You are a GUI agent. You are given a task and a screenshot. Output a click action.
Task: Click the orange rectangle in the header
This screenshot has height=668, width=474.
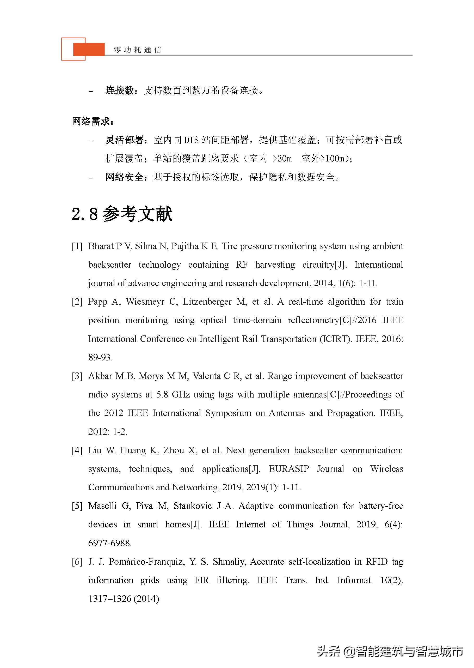89,49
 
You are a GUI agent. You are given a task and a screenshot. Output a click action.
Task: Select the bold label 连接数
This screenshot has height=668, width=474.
119,90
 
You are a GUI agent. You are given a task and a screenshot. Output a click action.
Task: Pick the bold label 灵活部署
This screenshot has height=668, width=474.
124,140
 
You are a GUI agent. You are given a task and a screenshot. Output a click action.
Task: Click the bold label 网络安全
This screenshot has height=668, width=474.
124,177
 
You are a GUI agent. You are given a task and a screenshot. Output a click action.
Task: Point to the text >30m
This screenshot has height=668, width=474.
282,159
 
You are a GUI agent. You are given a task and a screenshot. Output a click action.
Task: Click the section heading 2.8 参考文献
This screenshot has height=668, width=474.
122,214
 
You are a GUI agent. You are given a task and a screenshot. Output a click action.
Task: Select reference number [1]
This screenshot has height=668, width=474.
77,246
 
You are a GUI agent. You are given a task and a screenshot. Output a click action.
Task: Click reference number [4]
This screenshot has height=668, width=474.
77,450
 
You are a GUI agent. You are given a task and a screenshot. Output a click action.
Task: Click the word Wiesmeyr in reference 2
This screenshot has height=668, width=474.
145,302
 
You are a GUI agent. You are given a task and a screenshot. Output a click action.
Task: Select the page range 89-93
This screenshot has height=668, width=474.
100,357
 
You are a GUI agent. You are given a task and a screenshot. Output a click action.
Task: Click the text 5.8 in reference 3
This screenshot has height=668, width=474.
162,394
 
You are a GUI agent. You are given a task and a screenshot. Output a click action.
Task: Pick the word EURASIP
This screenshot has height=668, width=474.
289,469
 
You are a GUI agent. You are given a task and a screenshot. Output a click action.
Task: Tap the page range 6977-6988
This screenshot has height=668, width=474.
110,543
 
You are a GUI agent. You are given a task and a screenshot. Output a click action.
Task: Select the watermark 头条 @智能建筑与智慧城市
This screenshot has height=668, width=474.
390,651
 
